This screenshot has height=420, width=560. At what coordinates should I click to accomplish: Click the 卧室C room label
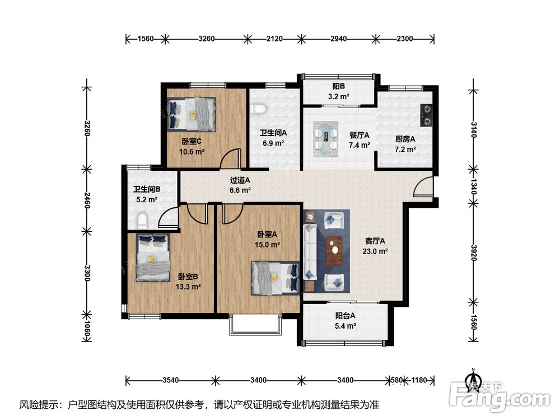tap(192, 142)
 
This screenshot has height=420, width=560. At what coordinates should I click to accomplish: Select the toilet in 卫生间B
tap(142, 220)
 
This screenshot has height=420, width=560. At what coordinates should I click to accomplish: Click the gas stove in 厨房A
tap(427, 115)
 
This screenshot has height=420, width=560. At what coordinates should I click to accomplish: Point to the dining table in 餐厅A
tap(326, 138)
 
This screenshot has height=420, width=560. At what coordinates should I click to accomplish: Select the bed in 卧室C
tap(193, 114)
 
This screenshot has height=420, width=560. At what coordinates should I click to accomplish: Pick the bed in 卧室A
tap(275, 278)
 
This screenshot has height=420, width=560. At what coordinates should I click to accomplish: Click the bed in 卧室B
tap(153, 257)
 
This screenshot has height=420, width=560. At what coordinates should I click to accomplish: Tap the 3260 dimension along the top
tap(207, 39)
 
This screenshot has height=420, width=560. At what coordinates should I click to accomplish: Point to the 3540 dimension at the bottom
tap(170, 380)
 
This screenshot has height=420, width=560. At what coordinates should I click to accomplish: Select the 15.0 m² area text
tap(267, 245)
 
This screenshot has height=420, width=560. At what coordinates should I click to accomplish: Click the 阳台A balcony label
tap(345, 316)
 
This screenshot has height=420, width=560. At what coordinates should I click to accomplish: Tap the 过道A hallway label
tap(240, 180)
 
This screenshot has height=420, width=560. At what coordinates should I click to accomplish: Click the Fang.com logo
tap(500, 397)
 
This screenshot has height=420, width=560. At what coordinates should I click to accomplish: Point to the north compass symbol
tap(473, 379)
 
